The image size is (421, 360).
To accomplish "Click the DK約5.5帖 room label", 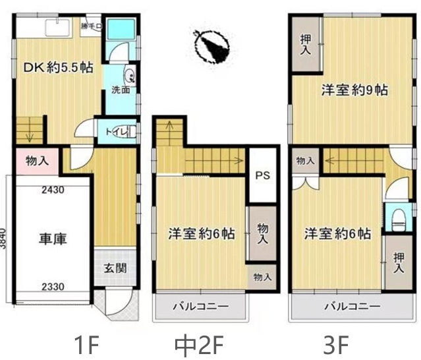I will (x=59, y=67).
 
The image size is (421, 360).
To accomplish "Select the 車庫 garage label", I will (x=52, y=237).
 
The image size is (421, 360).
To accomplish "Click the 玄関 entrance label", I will (x=115, y=269).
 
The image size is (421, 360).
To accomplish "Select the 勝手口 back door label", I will (x=90, y=26).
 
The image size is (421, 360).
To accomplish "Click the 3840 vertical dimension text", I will (x=5, y=237).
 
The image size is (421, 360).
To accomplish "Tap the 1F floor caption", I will (x=86, y=344).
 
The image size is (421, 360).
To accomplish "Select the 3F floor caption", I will (x=336, y=344).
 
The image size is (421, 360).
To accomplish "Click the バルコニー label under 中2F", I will (x=200, y=307).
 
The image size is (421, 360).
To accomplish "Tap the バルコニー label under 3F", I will (x=352, y=307).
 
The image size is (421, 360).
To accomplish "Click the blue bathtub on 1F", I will (x=121, y=30).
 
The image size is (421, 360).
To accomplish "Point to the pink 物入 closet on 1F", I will (x=37, y=160).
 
